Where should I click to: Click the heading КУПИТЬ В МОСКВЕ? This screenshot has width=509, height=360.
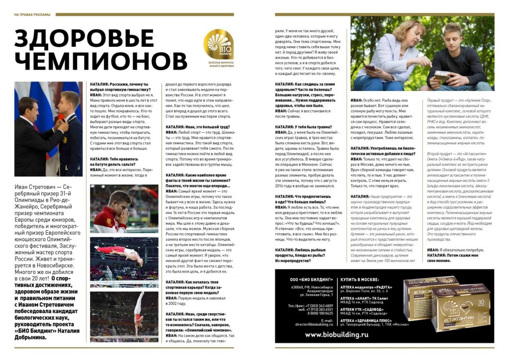click(x=364, y=280)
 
